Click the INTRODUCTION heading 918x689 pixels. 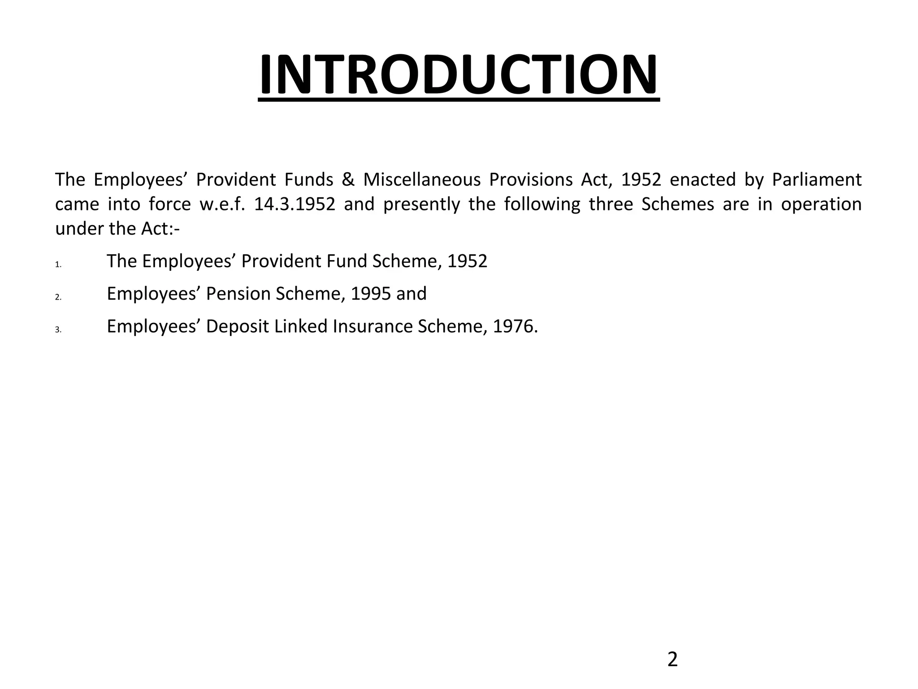(x=459, y=74)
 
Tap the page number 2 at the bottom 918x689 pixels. (x=672, y=660)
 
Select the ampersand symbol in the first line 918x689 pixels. (x=348, y=180)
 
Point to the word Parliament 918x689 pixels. (x=816, y=180)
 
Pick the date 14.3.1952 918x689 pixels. (x=294, y=205)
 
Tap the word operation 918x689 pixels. (x=821, y=205)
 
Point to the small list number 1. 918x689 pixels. (x=58, y=265)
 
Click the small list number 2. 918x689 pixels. (x=58, y=297)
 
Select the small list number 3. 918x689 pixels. (x=58, y=330)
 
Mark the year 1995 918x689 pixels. (x=371, y=294)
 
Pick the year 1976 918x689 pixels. (x=514, y=327)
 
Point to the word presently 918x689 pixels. (x=421, y=205)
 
